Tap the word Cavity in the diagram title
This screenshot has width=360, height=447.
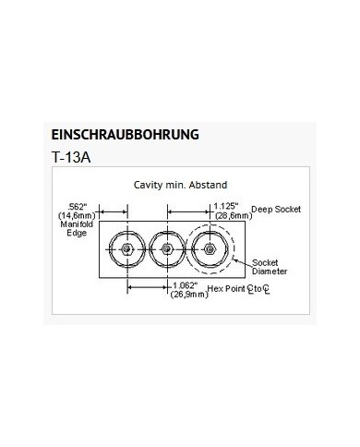coord(150,185)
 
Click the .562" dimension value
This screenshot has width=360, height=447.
coord(78,206)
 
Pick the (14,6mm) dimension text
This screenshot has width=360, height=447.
coord(78,215)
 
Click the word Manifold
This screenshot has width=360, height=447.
coord(78,224)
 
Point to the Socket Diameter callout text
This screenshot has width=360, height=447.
coord(270,267)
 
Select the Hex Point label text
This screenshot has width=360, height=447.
coord(226,289)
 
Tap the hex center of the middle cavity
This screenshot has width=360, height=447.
coord(167,248)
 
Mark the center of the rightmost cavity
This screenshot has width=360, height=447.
coord(211,248)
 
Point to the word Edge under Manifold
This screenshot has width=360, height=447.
coord(78,234)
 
